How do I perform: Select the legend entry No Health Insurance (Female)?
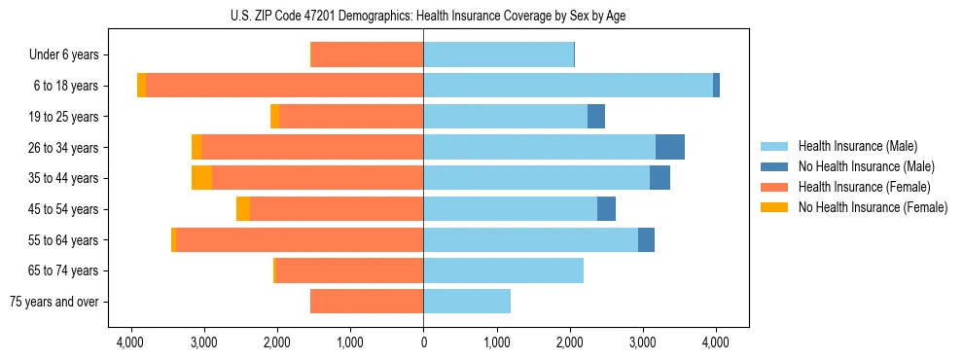(873, 207)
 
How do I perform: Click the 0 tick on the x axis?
(423, 342)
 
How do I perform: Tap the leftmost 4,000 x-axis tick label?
(130, 342)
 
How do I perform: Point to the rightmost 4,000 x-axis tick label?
(716, 342)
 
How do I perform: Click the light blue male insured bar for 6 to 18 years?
(568, 86)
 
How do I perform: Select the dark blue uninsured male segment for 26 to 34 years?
(670, 147)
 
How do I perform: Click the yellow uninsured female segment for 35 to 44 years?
(201, 178)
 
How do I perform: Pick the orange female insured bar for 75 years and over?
(367, 302)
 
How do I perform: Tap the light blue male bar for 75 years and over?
(467, 302)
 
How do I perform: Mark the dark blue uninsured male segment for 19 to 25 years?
(596, 117)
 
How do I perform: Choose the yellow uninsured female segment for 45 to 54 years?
(243, 209)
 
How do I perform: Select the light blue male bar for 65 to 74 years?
(503, 270)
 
